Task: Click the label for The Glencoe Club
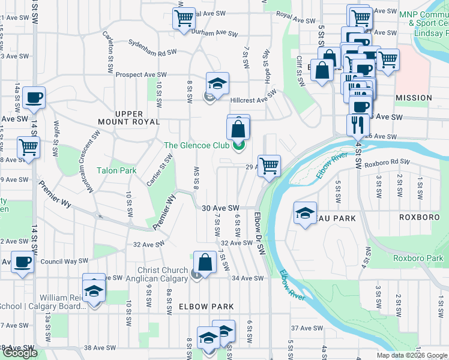(x=196, y=145)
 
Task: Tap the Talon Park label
(x=116, y=170)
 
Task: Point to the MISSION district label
(x=414, y=97)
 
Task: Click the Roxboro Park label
(x=418, y=259)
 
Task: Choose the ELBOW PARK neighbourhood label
(x=206, y=306)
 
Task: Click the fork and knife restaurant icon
(x=358, y=125)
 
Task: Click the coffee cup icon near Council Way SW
(x=22, y=262)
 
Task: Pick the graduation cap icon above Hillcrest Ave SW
(x=217, y=83)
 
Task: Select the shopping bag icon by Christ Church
(x=205, y=263)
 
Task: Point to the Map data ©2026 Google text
(x=410, y=355)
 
